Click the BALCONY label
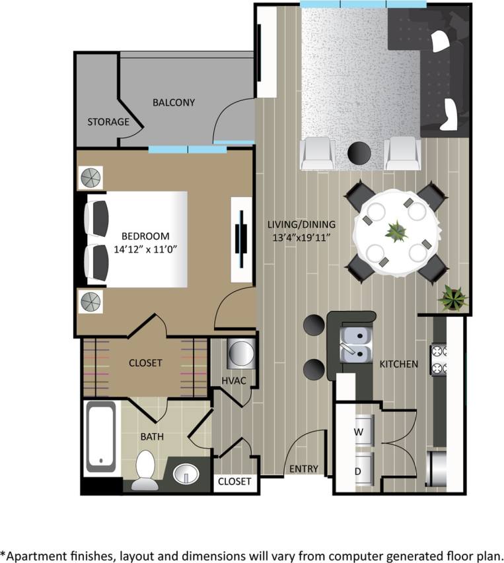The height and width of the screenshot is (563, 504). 174,102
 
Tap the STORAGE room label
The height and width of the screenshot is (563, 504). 108,122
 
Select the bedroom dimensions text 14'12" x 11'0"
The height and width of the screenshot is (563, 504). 145,250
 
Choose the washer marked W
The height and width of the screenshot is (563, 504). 360,432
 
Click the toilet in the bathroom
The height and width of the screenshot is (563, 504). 145,470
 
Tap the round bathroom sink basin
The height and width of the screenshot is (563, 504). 186,473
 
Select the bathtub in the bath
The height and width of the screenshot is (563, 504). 100,438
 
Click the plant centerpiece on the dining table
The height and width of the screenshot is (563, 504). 396,232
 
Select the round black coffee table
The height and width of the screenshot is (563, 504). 359,153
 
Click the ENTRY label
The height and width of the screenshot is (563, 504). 304,469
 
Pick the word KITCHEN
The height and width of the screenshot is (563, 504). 398,364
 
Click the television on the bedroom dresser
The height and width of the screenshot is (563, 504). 242,235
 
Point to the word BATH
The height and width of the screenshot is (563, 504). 152,436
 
